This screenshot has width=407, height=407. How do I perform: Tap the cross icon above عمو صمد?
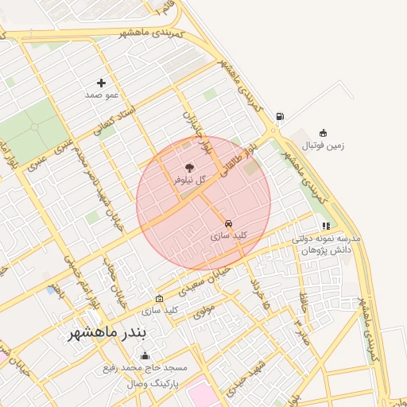101,83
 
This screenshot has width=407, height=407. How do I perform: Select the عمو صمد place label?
102,95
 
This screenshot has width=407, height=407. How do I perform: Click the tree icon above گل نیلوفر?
189,168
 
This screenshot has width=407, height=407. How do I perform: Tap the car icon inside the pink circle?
229,223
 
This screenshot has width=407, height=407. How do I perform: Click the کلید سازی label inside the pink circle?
229,236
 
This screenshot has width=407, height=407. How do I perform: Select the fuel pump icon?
280,117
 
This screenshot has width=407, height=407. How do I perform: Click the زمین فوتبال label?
324,146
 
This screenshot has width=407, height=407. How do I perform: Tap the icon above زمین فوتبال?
323,134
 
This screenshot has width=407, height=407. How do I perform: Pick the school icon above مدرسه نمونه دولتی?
326,227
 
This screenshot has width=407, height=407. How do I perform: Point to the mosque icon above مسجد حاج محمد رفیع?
144,356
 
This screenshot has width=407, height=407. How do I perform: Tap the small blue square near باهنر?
51,290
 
